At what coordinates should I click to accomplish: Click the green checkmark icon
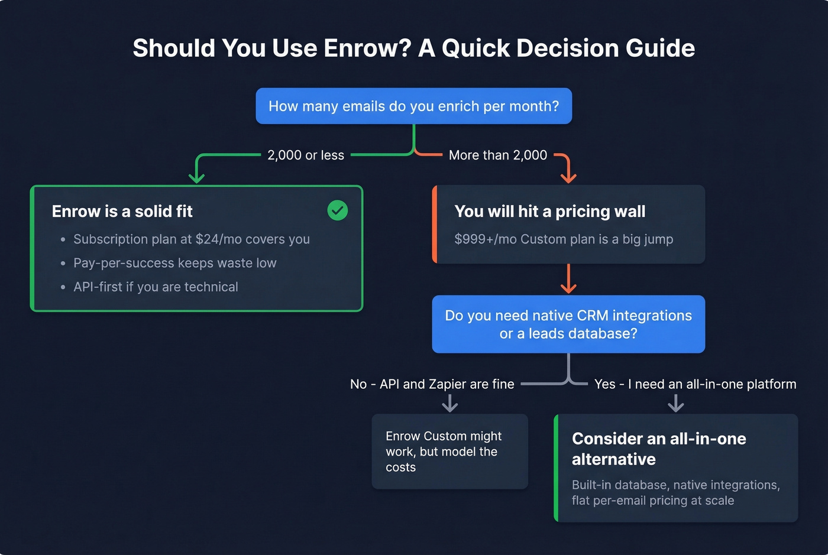(x=338, y=210)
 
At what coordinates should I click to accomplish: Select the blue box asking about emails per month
(x=413, y=106)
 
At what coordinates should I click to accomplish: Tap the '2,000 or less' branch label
(x=306, y=155)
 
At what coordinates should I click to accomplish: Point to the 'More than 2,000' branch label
(x=498, y=155)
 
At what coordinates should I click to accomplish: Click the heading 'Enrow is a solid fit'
(x=122, y=212)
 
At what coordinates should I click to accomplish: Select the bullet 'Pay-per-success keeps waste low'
(x=174, y=263)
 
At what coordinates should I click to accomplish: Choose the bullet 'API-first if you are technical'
(x=156, y=287)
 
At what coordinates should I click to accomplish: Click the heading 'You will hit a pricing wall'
(x=549, y=212)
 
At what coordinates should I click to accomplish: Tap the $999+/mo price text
(x=485, y=239)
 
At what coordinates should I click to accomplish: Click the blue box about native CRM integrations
(x=568, y=324)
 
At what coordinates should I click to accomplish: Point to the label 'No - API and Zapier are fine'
(x=432, y=384)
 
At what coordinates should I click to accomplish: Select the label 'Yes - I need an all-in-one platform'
(x=695, y=384)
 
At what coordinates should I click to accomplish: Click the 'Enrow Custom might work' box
(x=449, y=452)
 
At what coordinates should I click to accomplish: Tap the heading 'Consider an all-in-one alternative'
(x=658, y=449)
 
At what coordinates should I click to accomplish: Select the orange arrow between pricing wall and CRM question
(x=568, y=279)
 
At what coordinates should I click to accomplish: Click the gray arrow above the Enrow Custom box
(x=450, y=404)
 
